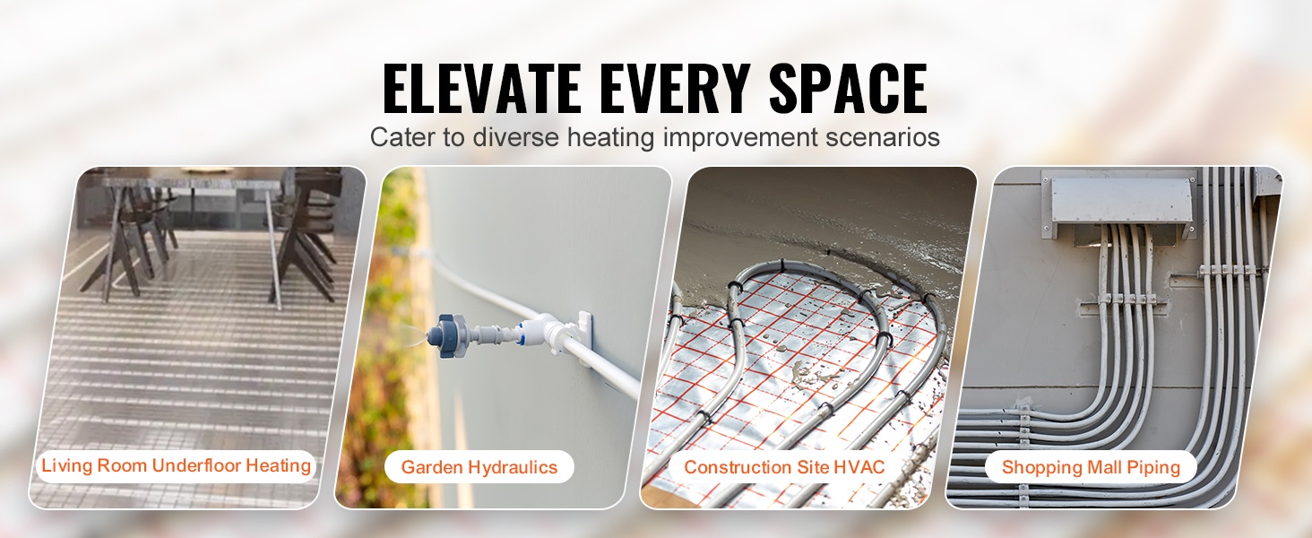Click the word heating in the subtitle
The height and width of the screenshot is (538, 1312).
pos(610,138)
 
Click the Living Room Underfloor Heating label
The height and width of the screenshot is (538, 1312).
pos(177,466)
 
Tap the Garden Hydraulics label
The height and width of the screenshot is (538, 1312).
pos(479,467)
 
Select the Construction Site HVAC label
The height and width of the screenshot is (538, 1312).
pos(784,467)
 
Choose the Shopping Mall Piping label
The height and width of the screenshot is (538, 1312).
pos(1091,467)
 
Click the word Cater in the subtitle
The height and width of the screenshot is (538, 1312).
pos(401,137)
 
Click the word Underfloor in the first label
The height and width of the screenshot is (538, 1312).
pos(195,465)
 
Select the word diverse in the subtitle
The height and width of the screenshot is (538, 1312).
pos(516,137)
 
